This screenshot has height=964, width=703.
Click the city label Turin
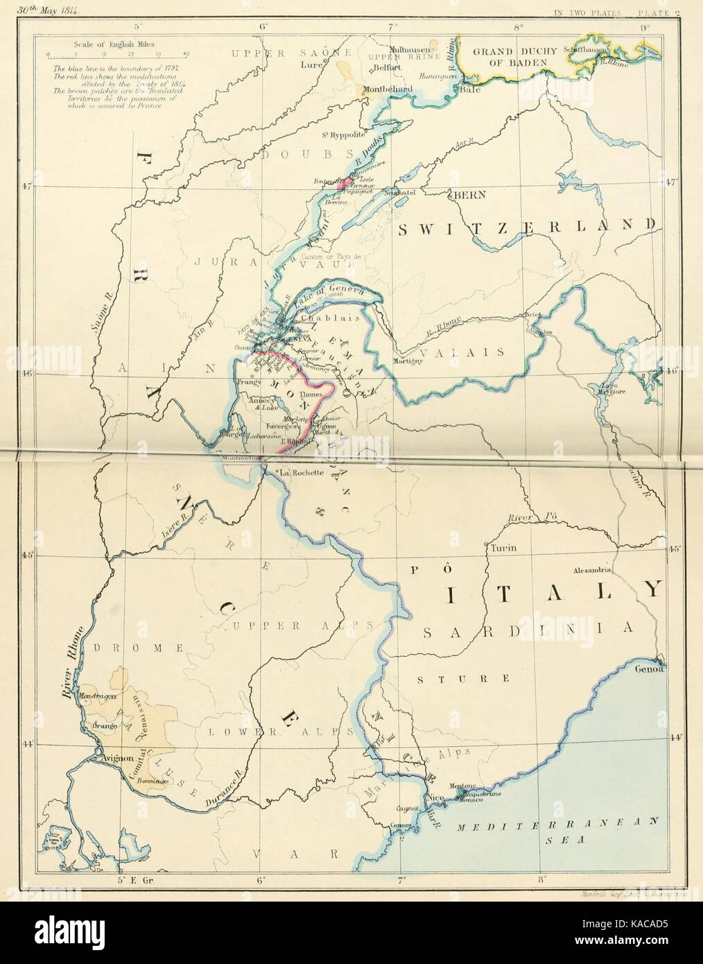504,547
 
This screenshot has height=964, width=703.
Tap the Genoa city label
649,670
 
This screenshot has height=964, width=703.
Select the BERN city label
471,196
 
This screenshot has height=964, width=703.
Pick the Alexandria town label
591,569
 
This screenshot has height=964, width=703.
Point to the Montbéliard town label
387,89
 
